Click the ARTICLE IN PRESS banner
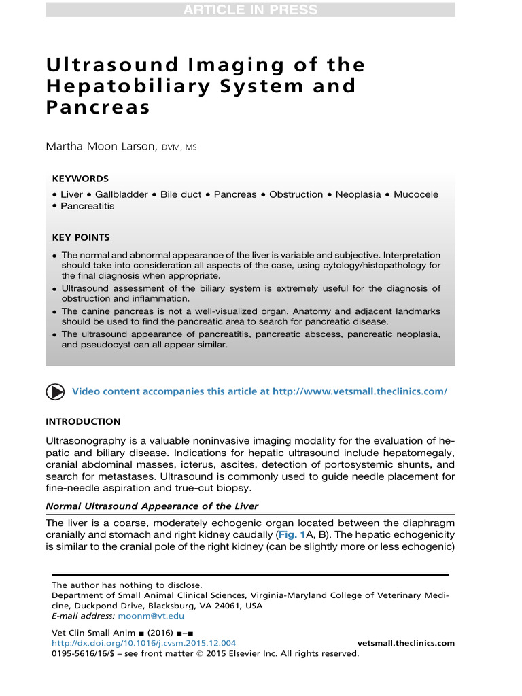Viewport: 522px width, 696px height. click(x=250, y=10)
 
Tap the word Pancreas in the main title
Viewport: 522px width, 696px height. click(x=98, y=108)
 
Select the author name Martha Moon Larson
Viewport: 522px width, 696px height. click(x=101, y=147)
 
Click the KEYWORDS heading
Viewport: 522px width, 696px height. click(x=80, y=179)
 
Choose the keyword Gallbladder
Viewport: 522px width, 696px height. click(x=121, y=194)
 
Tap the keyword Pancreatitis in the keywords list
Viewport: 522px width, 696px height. click(x=88, y=206)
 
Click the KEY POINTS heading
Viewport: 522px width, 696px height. click(x=81, y=237)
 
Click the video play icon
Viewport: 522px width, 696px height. click(x=56, y=392)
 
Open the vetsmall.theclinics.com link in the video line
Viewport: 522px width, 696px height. click(x=360, y=392)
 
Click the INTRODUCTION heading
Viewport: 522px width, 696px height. click(x=83, y=421)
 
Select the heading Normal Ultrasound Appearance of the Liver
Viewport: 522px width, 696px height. click(x=152, y=506)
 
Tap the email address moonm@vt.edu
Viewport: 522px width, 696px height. click(x=151, y=616)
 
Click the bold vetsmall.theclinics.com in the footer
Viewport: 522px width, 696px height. click(x=406, y=643)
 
